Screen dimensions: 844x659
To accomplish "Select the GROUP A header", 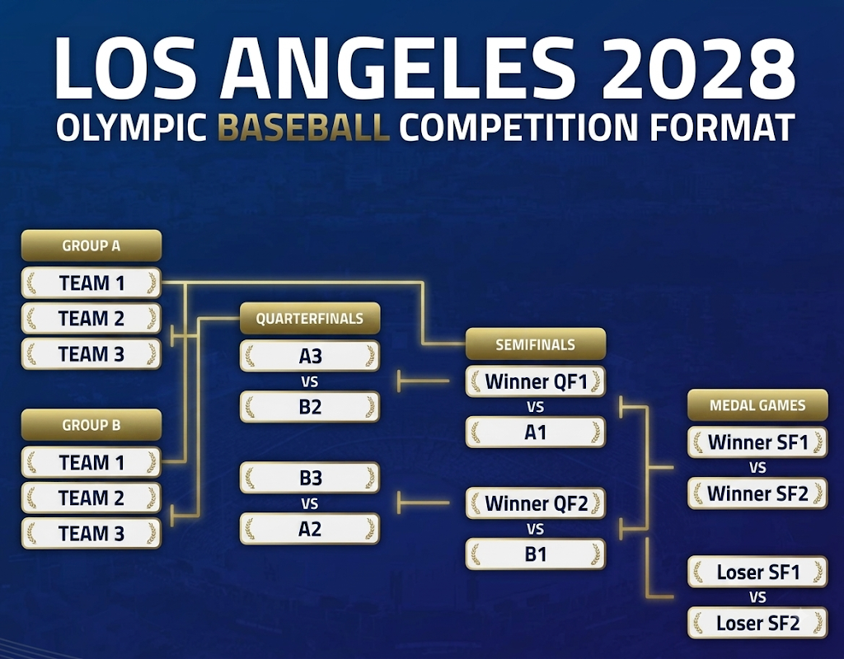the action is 91,245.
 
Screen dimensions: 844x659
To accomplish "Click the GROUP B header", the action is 91,425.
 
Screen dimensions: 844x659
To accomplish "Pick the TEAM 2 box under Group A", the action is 91,319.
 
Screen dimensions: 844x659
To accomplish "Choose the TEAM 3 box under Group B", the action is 91,534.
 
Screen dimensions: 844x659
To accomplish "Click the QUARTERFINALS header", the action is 310,319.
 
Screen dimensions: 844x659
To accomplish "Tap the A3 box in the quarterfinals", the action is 310,356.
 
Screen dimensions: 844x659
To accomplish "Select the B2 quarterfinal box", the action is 310,407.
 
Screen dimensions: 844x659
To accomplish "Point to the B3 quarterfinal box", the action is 310,478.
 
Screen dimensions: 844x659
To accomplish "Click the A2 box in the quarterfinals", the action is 310,530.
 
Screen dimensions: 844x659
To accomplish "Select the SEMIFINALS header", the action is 536,344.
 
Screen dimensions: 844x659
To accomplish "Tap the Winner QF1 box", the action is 536,381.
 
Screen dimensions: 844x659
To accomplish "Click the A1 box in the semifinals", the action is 536,432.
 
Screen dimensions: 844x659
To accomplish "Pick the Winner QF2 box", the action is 536,503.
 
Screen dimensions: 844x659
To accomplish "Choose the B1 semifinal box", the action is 536,554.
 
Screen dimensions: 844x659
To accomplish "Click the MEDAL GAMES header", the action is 758,405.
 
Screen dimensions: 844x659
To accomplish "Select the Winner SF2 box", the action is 758,493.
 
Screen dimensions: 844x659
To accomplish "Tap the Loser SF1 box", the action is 758,572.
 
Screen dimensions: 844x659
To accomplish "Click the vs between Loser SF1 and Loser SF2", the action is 758,597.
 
